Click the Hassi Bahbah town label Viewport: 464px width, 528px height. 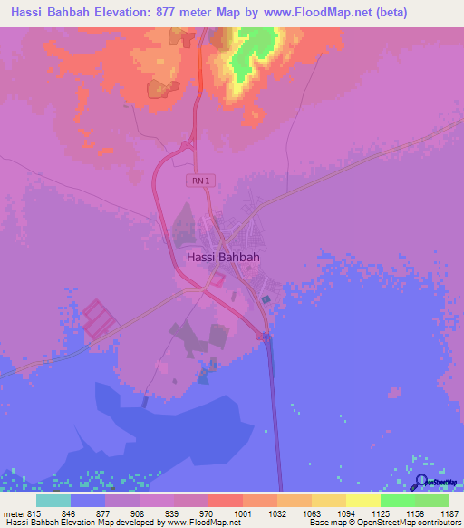click(x=223, y=257)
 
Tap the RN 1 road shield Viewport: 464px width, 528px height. click(x=200, y=181)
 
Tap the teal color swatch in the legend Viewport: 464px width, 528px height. click(x=53, y=500)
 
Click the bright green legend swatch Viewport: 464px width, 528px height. click(x=397, y=500)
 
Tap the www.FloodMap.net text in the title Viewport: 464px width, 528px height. click(x=300, y=13)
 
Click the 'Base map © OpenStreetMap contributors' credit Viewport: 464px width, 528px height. click(x=383, y=523)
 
